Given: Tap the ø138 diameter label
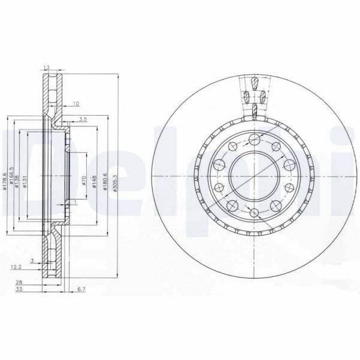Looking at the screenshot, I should [20, 180].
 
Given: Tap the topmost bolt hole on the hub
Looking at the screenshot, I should [254, 139].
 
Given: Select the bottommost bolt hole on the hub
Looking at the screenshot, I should [254, 213].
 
